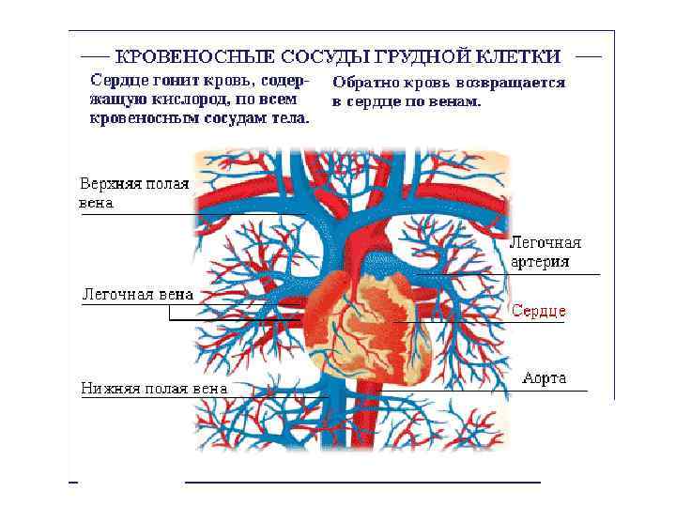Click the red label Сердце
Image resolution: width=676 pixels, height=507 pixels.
click(538, 311)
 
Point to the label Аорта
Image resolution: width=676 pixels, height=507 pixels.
click(545, 377)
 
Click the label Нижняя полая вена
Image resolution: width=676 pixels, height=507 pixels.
click(153, 387)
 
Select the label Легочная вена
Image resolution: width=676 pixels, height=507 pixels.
click(138, 294)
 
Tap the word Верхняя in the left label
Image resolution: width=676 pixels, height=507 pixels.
click(109, 184)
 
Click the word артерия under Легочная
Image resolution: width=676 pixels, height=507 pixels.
click(539, 262)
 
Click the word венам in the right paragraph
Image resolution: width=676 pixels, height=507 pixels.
click(454, 100)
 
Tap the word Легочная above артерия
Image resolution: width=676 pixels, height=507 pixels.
click(545, 242)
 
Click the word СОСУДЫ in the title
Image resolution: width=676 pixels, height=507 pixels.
click(301, 57)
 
